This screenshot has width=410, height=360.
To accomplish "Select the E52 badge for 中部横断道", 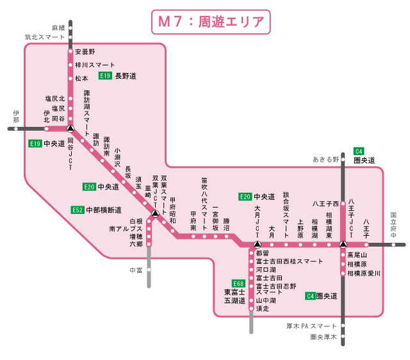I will (78, 209).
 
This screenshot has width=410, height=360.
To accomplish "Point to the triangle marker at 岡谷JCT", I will (70, 129).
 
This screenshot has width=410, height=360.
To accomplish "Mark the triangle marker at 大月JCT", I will (256, 245).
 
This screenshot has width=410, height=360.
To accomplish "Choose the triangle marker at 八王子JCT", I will (343, 245).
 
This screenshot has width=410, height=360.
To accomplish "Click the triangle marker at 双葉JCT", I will (154, 213).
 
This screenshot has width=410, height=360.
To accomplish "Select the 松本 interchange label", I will (81, 78).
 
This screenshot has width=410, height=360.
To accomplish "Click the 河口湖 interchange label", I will (266, 270).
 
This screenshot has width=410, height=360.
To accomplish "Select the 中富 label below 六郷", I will (136, 270).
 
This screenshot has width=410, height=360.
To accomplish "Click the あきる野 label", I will (325, 160).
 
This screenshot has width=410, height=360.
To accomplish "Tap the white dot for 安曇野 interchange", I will (70, 51).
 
